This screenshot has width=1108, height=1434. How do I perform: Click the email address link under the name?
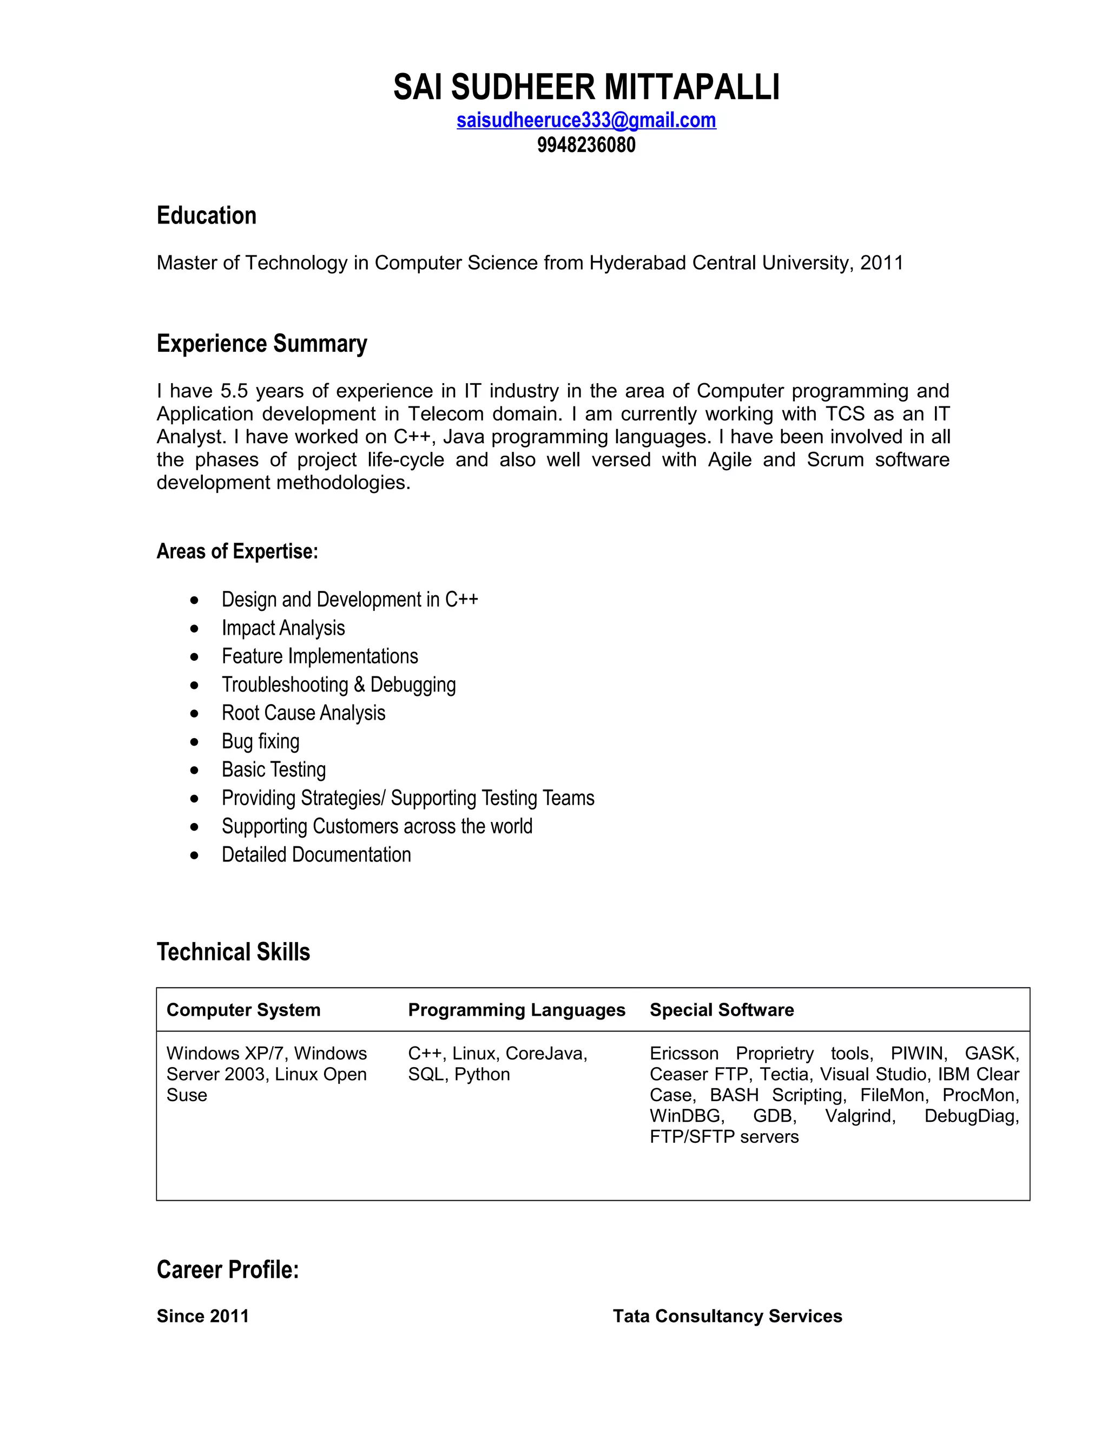[585, 120]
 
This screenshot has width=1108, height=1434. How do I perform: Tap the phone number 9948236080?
[585, 144]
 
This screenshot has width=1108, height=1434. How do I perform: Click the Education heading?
[206, 215]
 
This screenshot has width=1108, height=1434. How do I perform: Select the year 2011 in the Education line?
[881, 262]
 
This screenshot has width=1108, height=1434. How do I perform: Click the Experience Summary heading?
[261, 344]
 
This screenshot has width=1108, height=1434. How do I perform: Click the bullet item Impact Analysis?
[283, 628]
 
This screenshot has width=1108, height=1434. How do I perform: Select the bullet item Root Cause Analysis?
[304, 713]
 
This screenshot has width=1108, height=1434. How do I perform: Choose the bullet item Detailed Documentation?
[316, 854]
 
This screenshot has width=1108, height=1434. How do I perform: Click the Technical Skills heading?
[233, 951]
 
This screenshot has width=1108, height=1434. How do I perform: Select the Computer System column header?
[243, 1010]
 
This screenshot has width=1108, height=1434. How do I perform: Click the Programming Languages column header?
[516, 1010]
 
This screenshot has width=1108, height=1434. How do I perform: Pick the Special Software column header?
[721, 1010]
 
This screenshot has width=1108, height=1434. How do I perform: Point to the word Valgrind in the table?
[860, 1116]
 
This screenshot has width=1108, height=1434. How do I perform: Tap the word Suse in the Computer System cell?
[187, 1095]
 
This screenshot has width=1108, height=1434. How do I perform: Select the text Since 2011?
[203, 1316]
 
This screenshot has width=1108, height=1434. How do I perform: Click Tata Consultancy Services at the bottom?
[727, 1316]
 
